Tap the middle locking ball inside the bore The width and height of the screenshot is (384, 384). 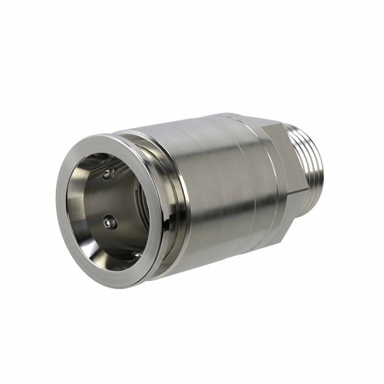point(109,222)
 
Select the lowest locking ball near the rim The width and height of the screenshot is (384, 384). point(137,255)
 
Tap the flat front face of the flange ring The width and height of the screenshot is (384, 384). point(67,222)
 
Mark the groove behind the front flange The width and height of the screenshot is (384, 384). point(177,202)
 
